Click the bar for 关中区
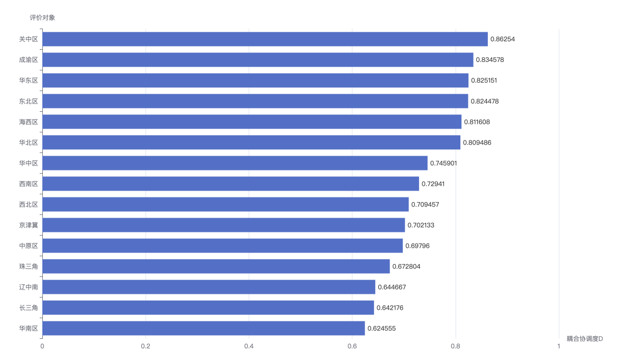[x=265, y=39]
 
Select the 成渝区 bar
[x=258, y=60]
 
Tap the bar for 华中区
[x=235, y=163]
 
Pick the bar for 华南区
[x=204, y=328]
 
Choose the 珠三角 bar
[x=216, y=266]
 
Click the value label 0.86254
[x=503, y=39]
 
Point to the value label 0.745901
[x=443, y=163]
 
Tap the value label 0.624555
[x=382, y=328]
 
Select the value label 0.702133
[x=421, y=225]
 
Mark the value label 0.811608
[x=477, y=122]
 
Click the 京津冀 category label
[x=29, y=225]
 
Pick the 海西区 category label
[x=29, y=122]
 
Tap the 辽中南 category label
[x=29, y=287]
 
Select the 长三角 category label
[x=29, y=308]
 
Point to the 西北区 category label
[x=29, y=204]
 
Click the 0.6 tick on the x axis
[x=352, y=346]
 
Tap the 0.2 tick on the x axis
[x=146, y=346]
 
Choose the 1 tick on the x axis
[x=559, y=346]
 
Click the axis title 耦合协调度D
[x=585, y=338]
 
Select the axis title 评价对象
[x=42, y=17]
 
